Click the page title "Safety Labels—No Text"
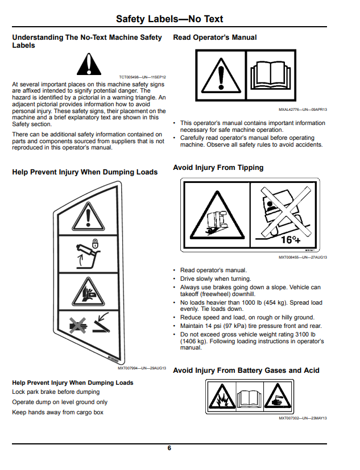point(169,19)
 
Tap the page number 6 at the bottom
point(169,448)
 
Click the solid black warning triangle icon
point(89,64)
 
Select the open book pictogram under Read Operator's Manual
point(271,75)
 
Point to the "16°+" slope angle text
point(291,240)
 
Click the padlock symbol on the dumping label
point(95,243)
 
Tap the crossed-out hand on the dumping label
point(78,325)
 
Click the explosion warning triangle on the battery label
point(222,396)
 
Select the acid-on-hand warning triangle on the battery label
point(278,396)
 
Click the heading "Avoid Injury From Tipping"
point(218,168)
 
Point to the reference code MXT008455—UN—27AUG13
point(303,257)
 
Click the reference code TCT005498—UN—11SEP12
point(142,77)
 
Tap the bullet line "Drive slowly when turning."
point(216,279)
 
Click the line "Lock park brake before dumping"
point(56,392)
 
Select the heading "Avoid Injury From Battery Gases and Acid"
point(246,371)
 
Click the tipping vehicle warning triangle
point(217,215)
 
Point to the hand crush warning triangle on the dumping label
point(88,292)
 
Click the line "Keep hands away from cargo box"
point(57,412)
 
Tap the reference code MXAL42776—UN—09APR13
point(303,110)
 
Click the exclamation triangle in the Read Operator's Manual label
point(221,75)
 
